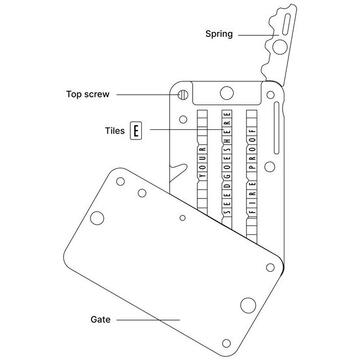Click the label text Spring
click(x=218, y=34)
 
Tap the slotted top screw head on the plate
click(x=184, y=96)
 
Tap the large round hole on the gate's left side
click(x=100, y=218)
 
